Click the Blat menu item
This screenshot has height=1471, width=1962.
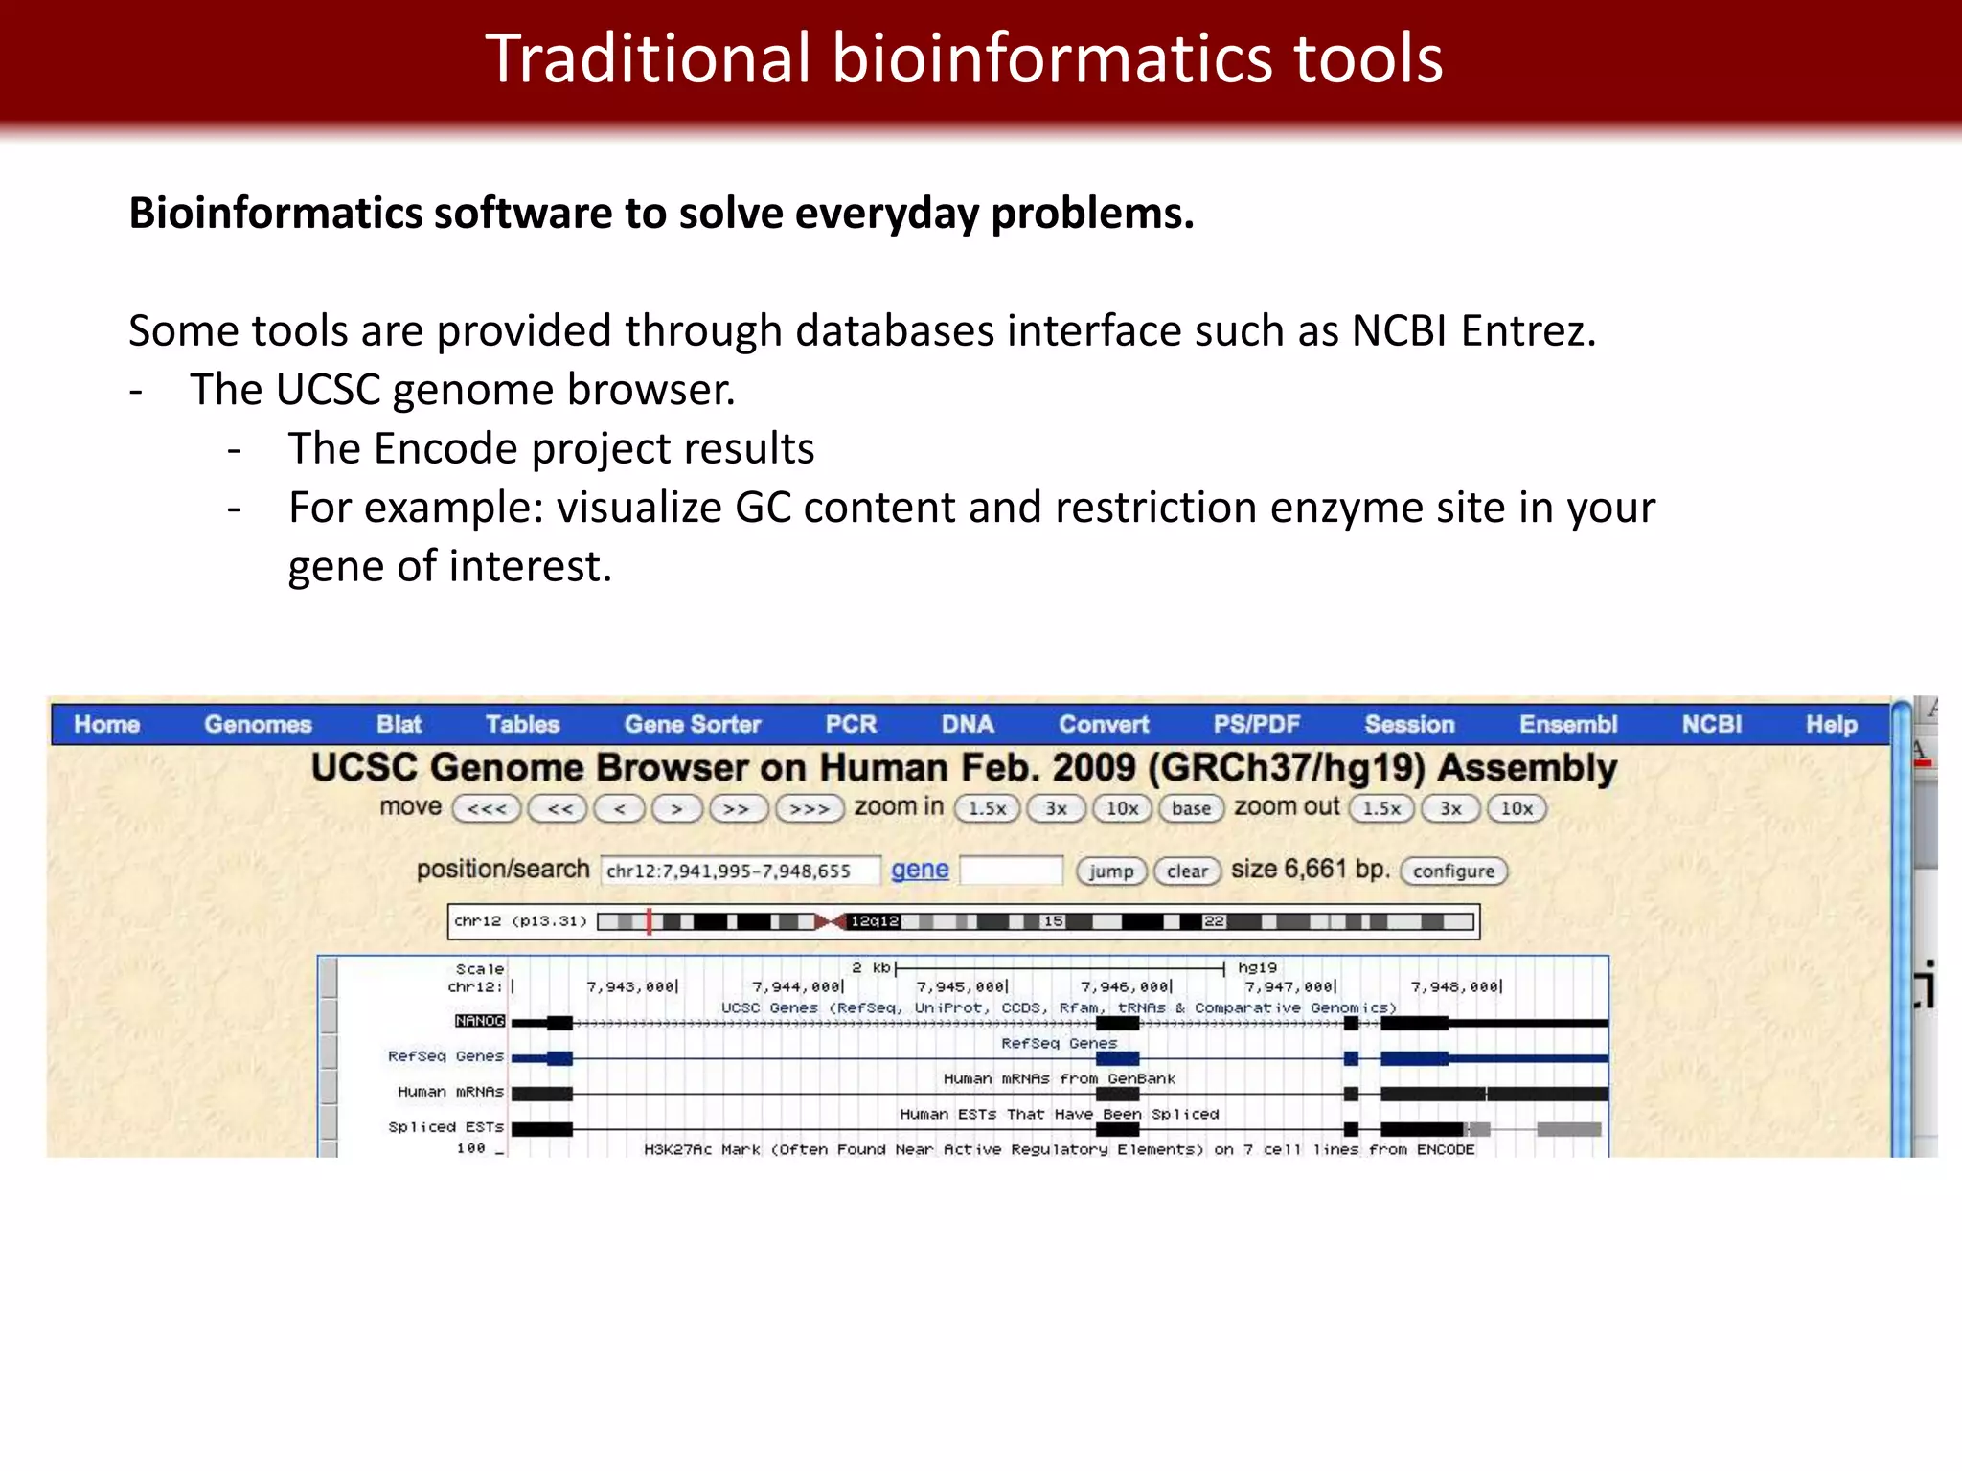pyautogui.click(x=399, y=725)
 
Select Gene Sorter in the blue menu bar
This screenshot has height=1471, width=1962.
pyautogui.click(x=692, y=725)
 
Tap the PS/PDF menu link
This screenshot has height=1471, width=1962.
pyautogui.click(x=1256, y=725)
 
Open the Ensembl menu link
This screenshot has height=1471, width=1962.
pyautogui.click(x=1567, y=725)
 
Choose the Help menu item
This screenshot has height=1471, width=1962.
pyautogui.click(x=1831, y=725)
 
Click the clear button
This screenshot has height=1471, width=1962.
pyautogui.click(x=1187, y=871)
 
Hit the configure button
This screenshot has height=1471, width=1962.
pyautogui.click(x=1452, y=871)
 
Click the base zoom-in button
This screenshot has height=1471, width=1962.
pyautogui.click(x=1191, y=809)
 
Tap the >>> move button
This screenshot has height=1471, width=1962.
pyautogui.click(x=809, y=809)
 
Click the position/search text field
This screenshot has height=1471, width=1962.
pyautogui.click(x=739, y=871)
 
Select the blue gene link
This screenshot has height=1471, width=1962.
pyautogui.click(x=920, y=870)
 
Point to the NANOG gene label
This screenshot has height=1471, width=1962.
pyautogui.click(x=479, y=1021)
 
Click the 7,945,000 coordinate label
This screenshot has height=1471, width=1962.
pyautogui.click(x=961, y=987)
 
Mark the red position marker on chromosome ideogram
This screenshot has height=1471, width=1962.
pyautogui.click(x=650, y=921)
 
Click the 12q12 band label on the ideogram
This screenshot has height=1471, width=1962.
pyautogui.click(x=875, y=921)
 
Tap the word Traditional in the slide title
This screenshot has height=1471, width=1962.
pyautogui.click(x=649, y=59)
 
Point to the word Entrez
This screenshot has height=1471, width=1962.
pyautogui.click(x=1529, y=331)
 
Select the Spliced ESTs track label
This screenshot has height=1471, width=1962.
pyautogui.click(x=445, y=1127)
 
